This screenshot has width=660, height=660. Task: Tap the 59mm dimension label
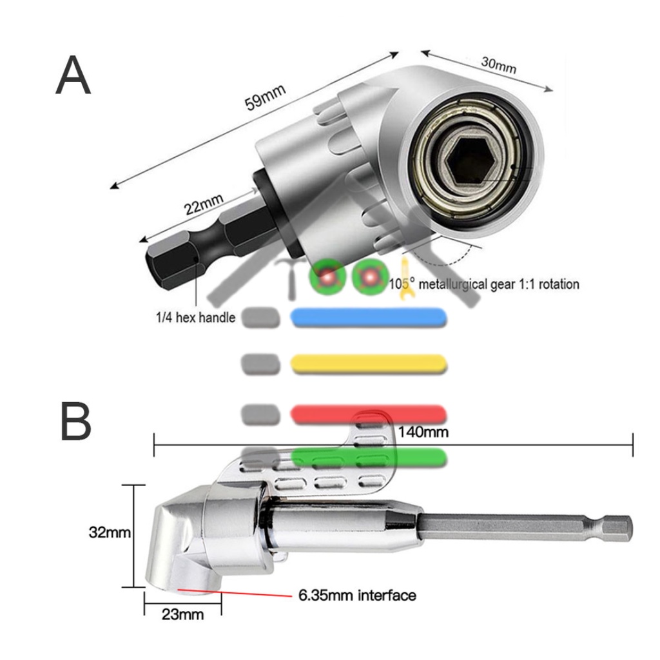[265, 99]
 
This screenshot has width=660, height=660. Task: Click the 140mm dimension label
[423, 431]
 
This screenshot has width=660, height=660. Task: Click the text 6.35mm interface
[356, 595]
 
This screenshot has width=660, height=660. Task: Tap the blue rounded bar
[369, 316]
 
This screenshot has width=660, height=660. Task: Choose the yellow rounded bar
[369, 364]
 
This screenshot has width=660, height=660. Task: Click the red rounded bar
[369, 414]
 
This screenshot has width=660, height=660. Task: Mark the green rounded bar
[369, 458]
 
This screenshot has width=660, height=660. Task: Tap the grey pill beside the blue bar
[261, 316]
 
